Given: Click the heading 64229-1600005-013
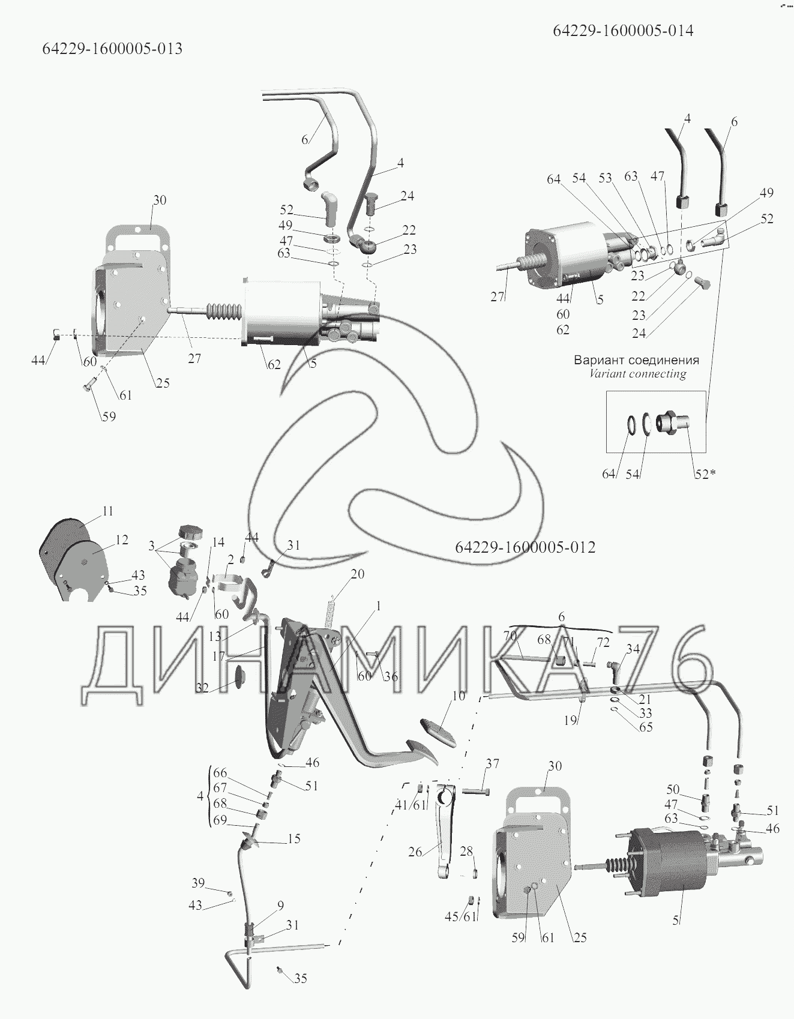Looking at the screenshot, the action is point(112,49).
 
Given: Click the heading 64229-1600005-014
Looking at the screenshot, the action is point(623,31).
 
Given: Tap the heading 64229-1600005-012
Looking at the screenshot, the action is point(525,547).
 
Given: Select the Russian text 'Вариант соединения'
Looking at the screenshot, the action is point(636,361).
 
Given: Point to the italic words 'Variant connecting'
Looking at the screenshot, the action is point(637,374).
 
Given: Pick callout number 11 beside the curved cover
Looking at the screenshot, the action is point(107,511).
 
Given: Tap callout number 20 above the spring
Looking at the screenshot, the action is point(357,574).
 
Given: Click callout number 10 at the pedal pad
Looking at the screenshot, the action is point(459,696).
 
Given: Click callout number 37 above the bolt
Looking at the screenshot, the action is point(492,764).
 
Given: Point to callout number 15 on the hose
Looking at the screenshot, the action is point(293,839).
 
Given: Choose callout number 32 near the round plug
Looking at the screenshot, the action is point(202,688).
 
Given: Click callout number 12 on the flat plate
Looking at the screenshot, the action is point(121,540).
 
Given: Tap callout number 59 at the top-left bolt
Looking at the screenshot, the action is point(109,416).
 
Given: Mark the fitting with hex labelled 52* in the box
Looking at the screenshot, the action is point(673,422).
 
